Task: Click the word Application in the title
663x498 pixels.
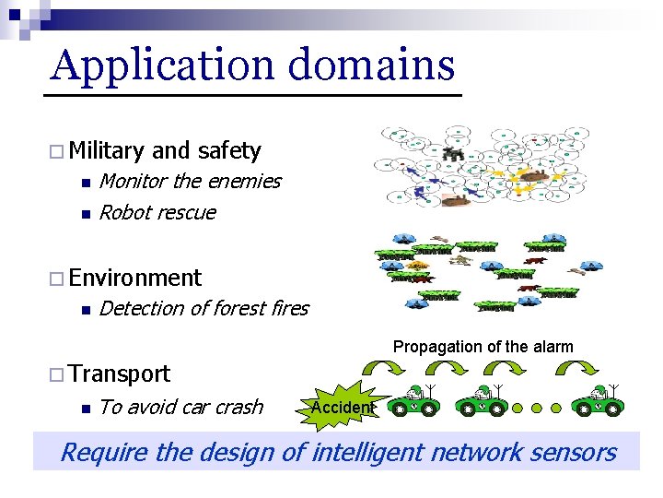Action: point(162,66)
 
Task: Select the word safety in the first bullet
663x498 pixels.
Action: point(229,150)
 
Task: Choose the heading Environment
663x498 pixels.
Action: point(134,278)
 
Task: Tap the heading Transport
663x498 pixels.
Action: point(119,373)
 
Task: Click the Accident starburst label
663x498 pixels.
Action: point(341,408)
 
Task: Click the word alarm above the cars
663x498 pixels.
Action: point(552,347)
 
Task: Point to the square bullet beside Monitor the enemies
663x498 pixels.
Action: point(83,182)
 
